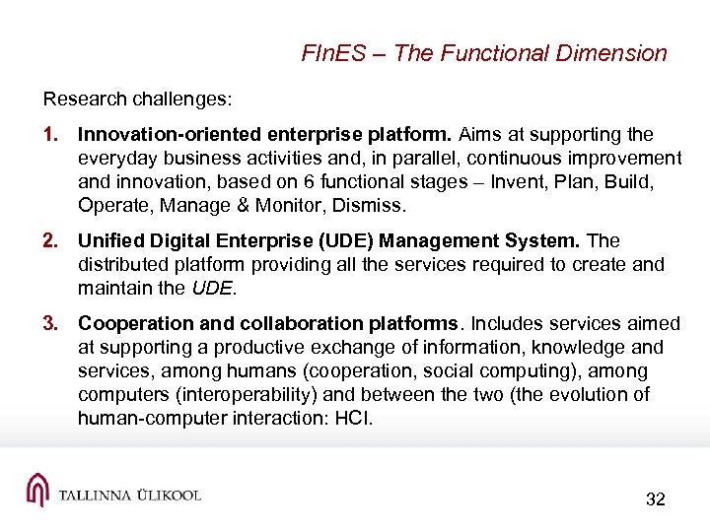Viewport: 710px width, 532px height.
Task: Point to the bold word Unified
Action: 110,240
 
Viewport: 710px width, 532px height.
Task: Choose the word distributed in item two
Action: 126,264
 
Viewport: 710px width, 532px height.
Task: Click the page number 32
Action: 656,499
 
